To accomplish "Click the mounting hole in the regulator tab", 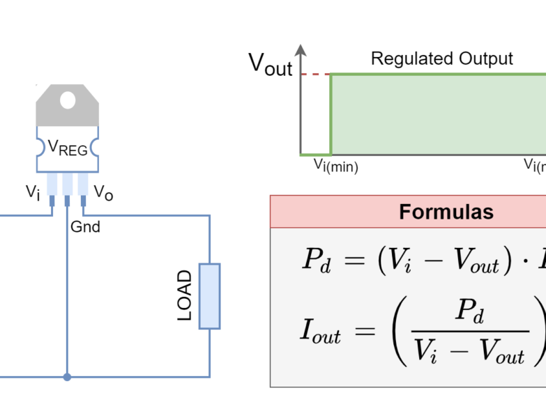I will pos(68,100).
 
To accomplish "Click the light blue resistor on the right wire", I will pos(209,295).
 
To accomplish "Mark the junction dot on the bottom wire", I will pos(67,377).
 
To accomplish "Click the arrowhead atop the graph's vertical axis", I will pos(301,49).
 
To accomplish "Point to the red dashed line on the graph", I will pos(315,74).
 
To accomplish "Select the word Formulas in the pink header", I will pos(446,212).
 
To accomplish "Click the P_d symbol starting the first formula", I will pos(316,260).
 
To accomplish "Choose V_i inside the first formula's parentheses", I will pos(400,260).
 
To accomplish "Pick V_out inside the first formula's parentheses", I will pos(475,261).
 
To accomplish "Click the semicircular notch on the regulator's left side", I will pos(40,146).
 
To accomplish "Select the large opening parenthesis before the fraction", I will pos(400,331).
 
